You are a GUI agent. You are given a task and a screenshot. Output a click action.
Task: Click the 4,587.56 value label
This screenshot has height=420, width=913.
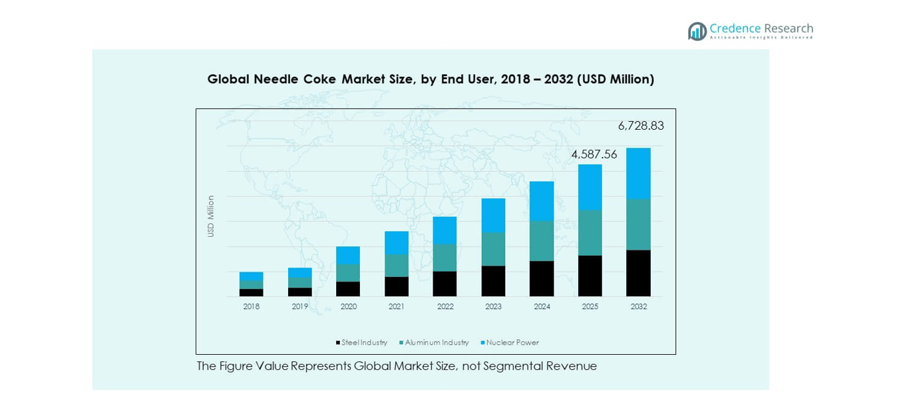[x=594, y=154]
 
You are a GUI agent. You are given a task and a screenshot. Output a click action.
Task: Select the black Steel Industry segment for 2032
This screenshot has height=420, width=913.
[x=638, y=273]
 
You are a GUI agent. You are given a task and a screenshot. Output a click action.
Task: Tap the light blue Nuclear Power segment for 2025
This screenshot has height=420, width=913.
[x=590, y=187]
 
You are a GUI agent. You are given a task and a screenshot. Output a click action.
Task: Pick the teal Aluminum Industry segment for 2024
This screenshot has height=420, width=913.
[x=542, y=241]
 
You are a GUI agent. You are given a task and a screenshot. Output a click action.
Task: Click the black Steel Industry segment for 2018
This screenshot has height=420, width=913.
[x=251, y=293]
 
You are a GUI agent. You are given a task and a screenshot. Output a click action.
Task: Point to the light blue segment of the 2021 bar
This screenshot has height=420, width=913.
[x=397, y=242]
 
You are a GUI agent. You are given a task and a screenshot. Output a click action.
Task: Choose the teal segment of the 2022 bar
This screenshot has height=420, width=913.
[x=445, y=258]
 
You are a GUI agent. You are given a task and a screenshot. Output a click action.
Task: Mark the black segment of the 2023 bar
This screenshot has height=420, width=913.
[x=493, y=281]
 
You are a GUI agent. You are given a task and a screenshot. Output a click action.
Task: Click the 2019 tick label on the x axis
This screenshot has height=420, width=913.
[x=299, y=307]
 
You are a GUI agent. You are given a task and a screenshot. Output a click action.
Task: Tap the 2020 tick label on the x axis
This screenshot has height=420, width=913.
[x=348, y=307]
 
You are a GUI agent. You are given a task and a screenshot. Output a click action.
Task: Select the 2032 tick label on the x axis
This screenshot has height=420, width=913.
[x=638, y=307]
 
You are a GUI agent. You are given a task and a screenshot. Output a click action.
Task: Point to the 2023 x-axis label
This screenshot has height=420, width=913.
[x=493, y=307]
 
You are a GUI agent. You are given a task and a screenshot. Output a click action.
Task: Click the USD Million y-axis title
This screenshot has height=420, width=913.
[x=211, y=216]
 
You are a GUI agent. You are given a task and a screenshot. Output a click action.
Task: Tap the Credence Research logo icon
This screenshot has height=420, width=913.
[x=697, y=31]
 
